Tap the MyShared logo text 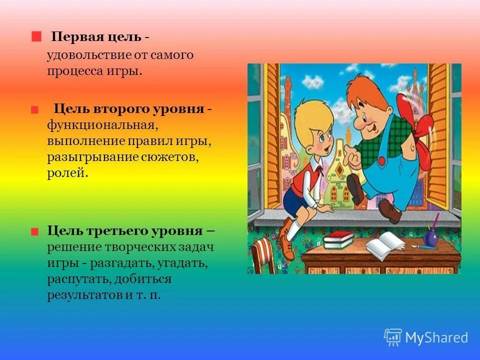pyautogui.click(x=436, y=337)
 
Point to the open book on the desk pyautogui.click(x=385, y=244)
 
